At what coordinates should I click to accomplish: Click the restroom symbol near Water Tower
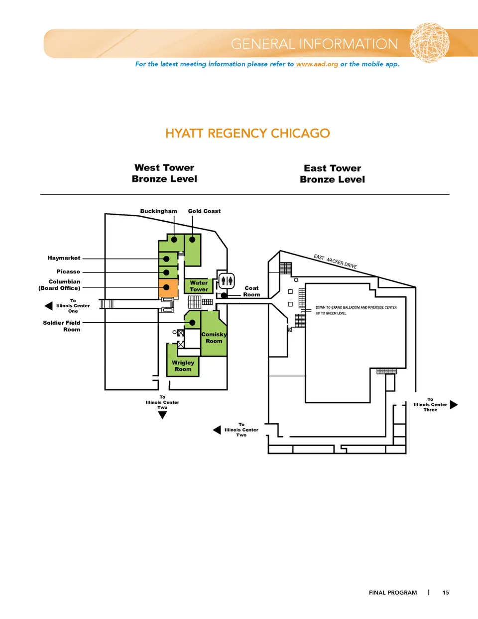click(227, 280)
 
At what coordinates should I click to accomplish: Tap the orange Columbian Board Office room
click(168, 288)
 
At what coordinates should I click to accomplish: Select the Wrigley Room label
click(183, 366)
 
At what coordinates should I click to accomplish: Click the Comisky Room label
click(214, 338)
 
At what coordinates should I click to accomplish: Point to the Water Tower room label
click(199, 286)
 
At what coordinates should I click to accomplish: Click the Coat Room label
click(251, 291)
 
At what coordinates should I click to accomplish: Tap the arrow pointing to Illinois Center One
click(48, 306)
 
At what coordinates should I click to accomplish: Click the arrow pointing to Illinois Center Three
click(454, 405)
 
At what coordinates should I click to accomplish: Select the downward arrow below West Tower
click(162, 416)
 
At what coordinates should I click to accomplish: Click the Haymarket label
click(64, 258)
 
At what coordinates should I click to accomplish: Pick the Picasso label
click(68, 272)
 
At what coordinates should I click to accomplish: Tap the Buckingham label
click(158, 211)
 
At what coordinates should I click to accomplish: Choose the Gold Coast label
click(204, 211)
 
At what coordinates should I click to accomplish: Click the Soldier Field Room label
click(62, 326)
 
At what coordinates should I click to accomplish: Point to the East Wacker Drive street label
click(335, 262)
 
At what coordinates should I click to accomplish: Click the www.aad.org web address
click(317, 64)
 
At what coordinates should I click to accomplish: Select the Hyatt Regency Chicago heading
click(247, 133)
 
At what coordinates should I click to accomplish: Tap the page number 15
click(446, 593)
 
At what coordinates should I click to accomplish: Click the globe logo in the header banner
click(429, 42)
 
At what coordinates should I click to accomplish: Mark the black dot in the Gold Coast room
click(192, 240)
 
